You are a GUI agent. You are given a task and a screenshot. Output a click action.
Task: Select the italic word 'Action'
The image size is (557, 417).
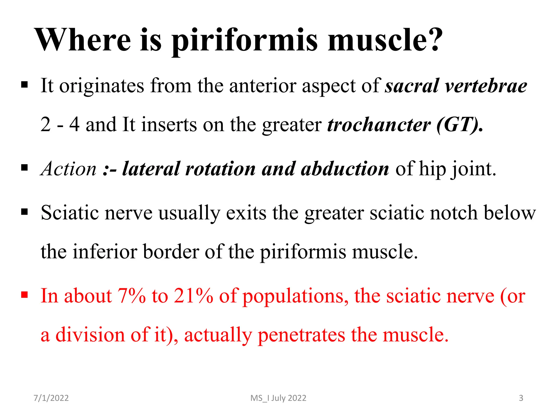(69, 169)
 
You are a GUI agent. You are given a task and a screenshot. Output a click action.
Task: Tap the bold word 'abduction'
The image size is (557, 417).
(345, 169)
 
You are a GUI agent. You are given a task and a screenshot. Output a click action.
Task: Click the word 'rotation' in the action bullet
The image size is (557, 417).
(220, 169)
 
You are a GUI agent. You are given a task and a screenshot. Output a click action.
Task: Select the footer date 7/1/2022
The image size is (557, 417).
(51, 398)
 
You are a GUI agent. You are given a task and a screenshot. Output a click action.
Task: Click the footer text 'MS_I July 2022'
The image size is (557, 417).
(278, 398)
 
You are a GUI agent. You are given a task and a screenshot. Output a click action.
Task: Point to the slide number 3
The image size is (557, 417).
(521, 398)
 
